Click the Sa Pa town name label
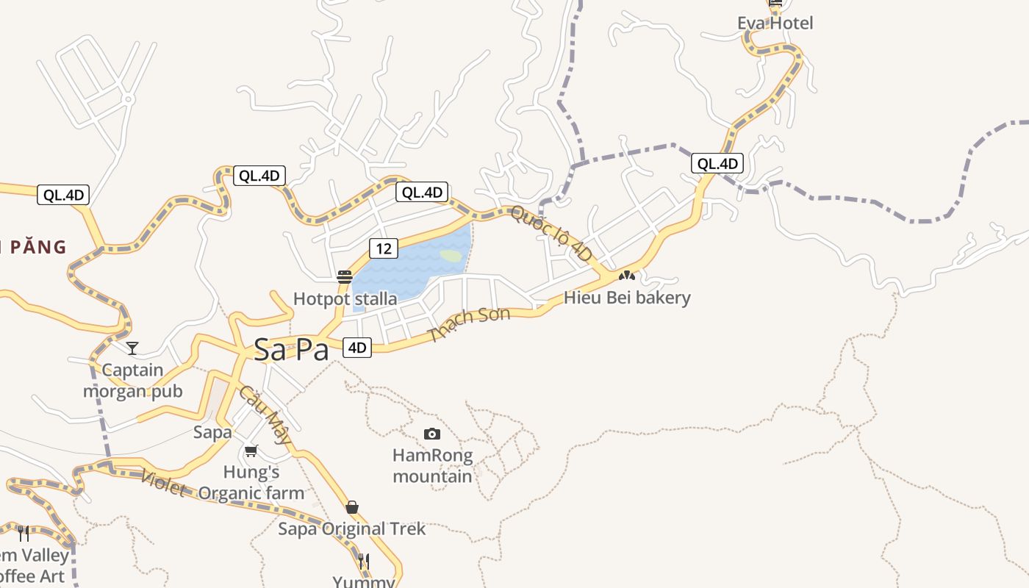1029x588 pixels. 291,350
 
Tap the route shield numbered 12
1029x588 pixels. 384,248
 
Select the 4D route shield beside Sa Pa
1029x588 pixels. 357,348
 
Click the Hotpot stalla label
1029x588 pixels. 345,299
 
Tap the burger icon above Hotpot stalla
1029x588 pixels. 345,277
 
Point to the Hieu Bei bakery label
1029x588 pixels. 627,298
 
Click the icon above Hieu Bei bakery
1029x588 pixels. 626,276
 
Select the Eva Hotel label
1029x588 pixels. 775,23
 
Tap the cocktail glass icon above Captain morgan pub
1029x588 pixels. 132,348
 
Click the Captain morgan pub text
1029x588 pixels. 132,381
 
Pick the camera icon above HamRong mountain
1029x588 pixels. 432,434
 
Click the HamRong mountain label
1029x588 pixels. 432,466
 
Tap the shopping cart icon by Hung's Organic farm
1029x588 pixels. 251,451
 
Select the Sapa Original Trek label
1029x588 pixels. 351,528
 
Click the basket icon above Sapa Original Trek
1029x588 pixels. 352,507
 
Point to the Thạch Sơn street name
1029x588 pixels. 469,324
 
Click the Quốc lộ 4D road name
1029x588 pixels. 551,233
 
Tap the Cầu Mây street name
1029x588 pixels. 265,416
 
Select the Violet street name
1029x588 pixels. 162,483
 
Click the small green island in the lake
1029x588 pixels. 451,256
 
